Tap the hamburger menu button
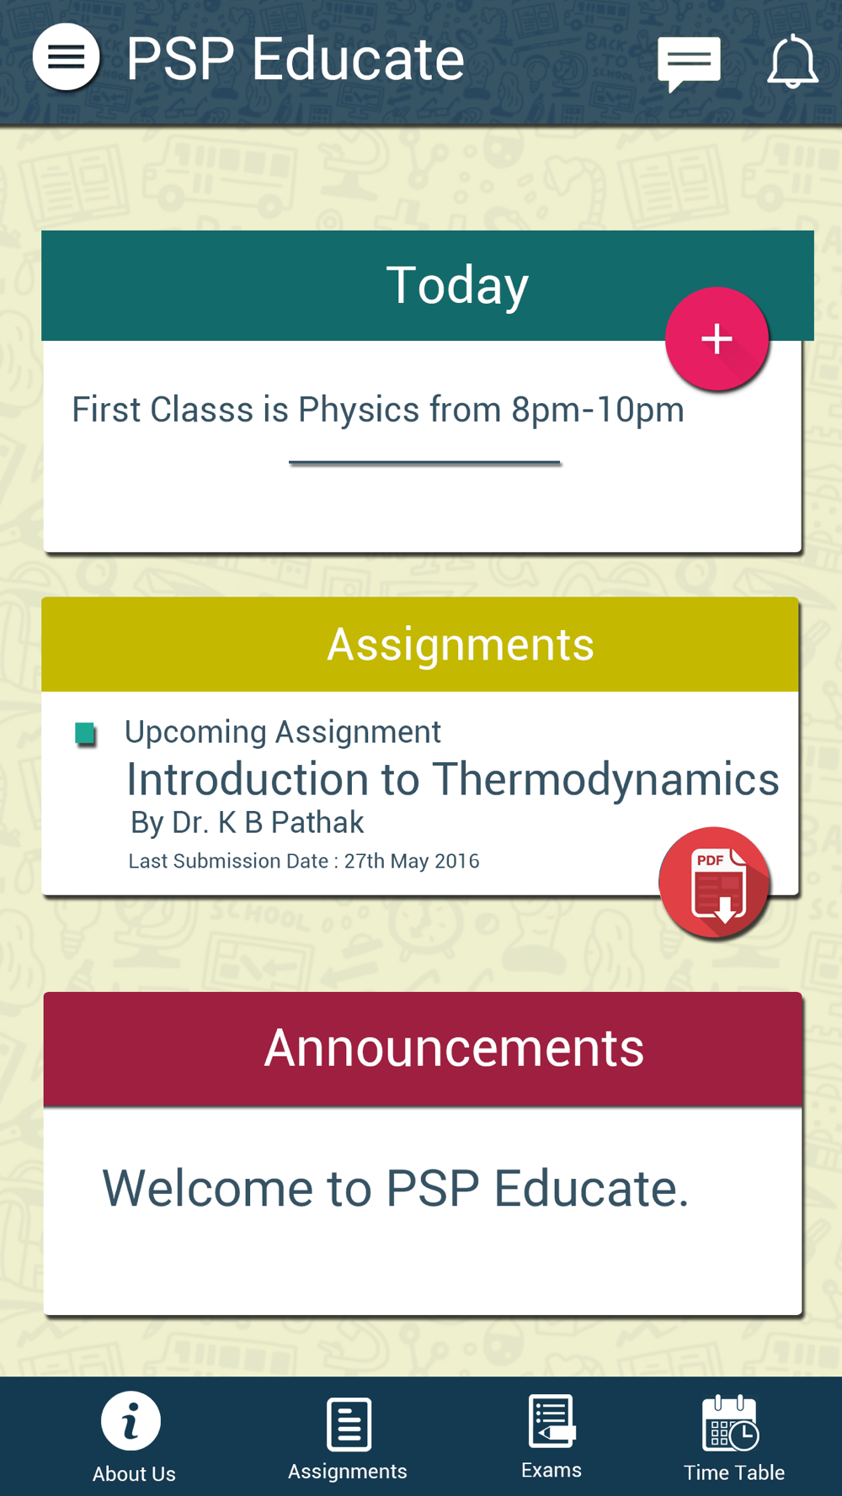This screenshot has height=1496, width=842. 66,56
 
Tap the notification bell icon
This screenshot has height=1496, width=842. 792,61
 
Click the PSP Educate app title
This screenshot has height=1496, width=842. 295,59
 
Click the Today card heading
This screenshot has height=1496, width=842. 457,285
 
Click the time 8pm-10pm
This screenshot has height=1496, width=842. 598,410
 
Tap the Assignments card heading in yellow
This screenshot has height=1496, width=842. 461,645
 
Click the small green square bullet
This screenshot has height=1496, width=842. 85,734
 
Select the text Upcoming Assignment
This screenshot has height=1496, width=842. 283,732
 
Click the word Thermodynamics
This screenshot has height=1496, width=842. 605,779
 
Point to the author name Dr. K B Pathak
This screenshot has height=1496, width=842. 268,822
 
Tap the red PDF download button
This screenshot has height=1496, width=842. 715,883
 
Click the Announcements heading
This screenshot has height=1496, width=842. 454,1048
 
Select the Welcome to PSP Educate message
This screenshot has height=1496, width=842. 396,1188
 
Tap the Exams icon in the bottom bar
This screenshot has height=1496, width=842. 552,1422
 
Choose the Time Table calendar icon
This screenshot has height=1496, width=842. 731,1423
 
